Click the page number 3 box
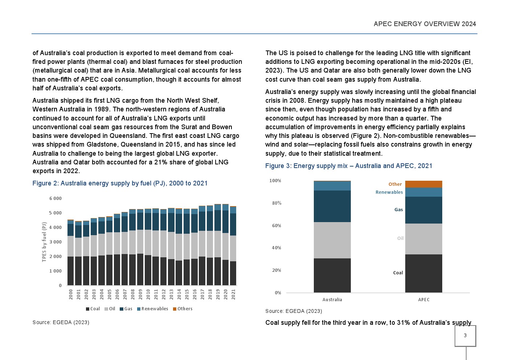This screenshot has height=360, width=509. [x=465, y=336]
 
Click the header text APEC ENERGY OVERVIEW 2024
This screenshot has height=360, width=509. [x=424, y=24]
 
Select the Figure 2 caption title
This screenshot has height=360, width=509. [x=120, y=183]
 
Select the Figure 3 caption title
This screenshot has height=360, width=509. [x=349, y=166]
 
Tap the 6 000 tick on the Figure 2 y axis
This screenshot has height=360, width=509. [x=56, y=199]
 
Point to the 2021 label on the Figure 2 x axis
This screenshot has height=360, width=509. [x=233, y=294]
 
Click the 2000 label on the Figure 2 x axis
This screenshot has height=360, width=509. [x=71, y=294]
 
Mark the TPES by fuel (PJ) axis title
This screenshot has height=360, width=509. [x=44, y=242]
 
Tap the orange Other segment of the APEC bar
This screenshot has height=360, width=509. [x=423, y=184]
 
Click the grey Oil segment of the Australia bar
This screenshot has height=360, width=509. [x=332, y=240]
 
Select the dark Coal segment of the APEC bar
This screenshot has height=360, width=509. [x=423, y=273]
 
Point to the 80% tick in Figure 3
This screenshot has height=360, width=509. [x=276, y=203]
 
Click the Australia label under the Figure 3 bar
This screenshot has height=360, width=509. [x=332, y=300]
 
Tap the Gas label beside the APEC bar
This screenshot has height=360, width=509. [x=398, y=210]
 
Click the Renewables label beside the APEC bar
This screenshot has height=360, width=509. [x=389, y=192]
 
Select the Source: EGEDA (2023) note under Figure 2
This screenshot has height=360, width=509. [x=61, y=322]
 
